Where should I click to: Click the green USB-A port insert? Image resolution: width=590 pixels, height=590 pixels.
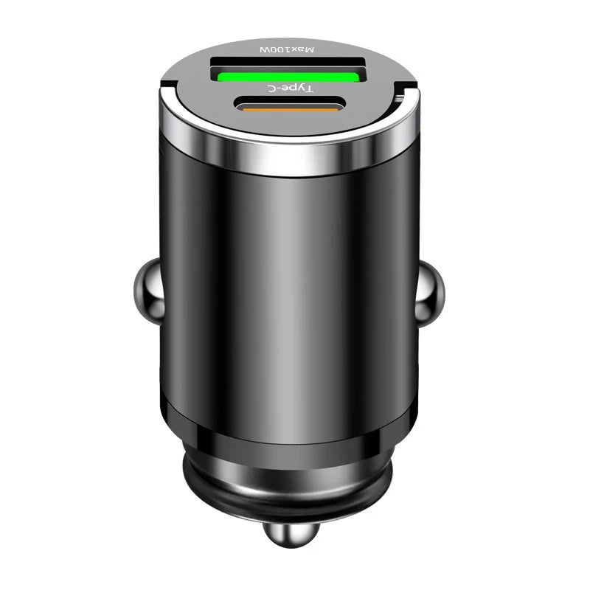[x=289, y=74]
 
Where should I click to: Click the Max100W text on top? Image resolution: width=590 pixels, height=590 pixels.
[x=288, y=49]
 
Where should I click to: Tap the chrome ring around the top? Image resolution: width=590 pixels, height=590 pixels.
[x=288, y=159]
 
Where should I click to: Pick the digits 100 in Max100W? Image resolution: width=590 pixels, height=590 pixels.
[x=282, y=49]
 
